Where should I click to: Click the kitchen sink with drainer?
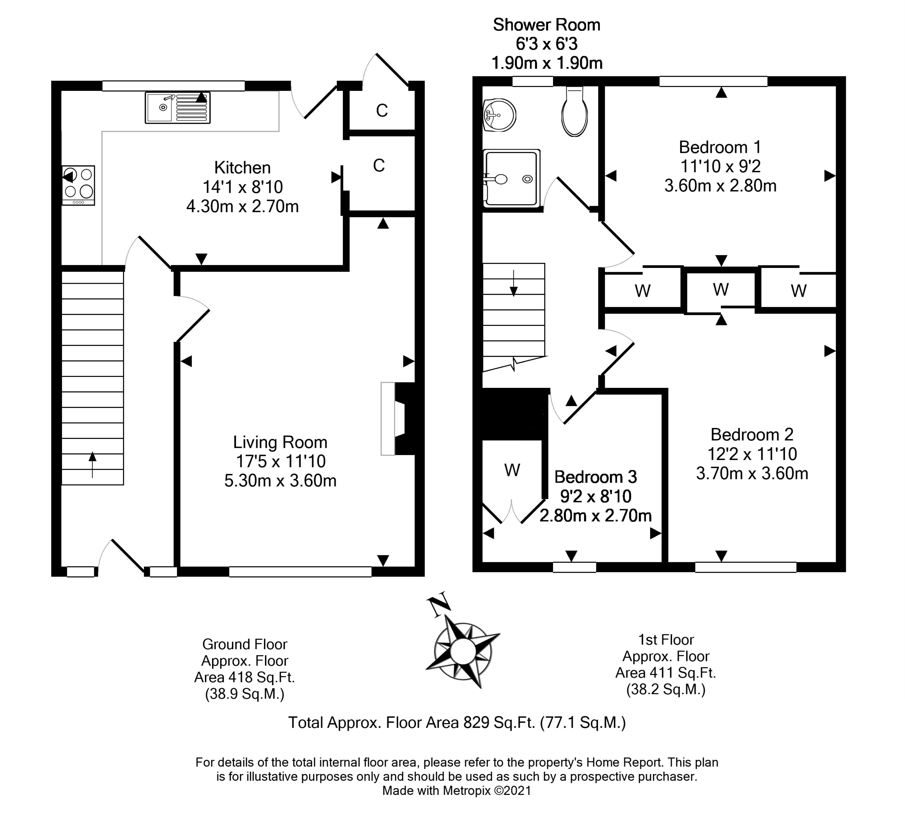click(177, 108)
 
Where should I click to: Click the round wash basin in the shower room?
click(499, 115)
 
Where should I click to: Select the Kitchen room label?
click(242, 168)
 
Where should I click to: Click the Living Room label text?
click(280, 442)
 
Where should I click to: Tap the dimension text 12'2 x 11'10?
click(752, 454)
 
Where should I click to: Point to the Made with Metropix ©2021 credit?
click(457, 791)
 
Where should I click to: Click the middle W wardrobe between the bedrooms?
click(720, 289)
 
